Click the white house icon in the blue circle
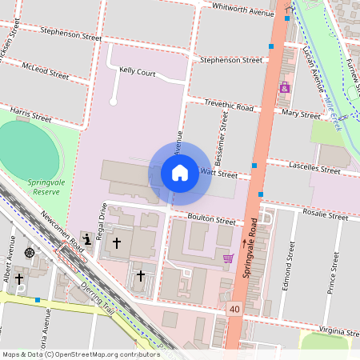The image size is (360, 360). (180, 173)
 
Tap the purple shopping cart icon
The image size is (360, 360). (229, 258)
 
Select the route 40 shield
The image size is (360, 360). (234, 308)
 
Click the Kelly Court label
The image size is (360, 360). (137, 71)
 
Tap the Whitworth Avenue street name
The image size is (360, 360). (243, 9)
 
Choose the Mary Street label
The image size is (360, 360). (302, 114)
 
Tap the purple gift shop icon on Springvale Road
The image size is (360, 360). (284, 87)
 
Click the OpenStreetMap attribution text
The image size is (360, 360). (81, 354)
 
